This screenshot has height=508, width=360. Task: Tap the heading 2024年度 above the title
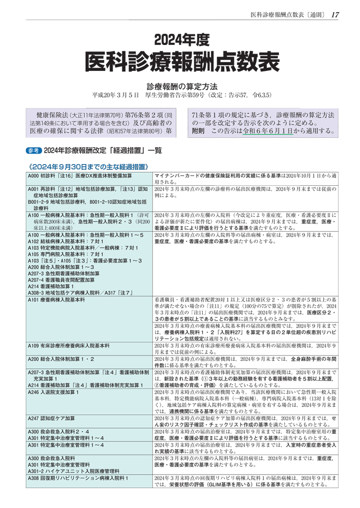tap(179, 40)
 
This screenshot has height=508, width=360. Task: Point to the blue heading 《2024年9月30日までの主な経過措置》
tap(87, 165)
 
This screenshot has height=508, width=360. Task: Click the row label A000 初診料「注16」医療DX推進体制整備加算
tap(79, 175)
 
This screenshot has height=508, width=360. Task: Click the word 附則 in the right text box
tap(197, 130)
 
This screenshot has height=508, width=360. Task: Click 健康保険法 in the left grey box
tap(52, 115)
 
